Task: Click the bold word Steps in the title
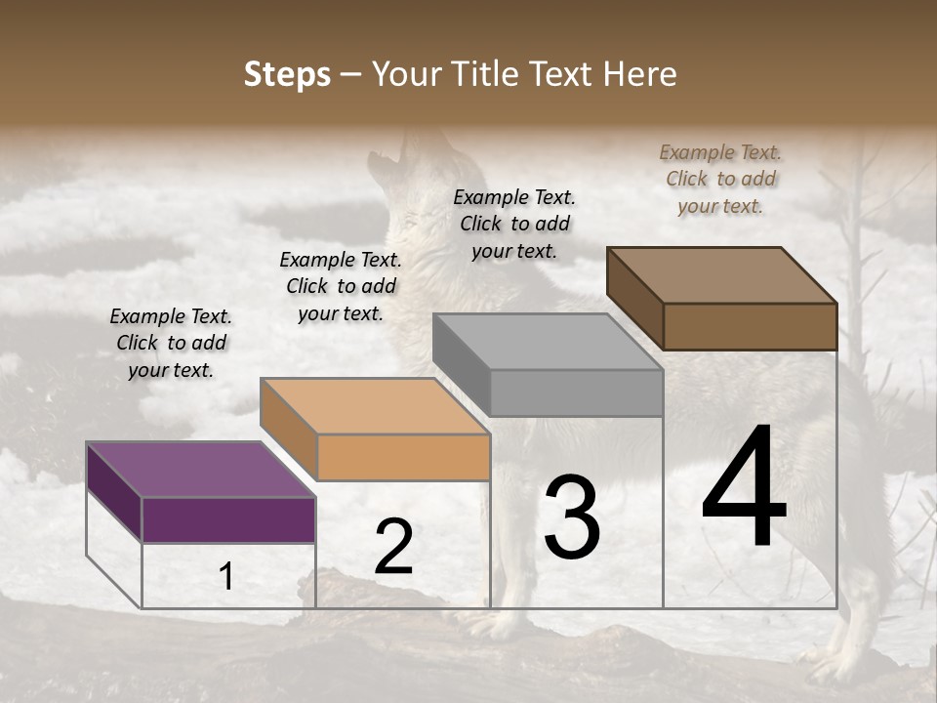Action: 287,75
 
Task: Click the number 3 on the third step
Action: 572,517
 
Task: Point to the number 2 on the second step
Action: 393,547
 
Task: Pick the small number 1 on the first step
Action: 226,577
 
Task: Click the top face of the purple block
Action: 200,470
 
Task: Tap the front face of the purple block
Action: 228,519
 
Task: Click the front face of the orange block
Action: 403,457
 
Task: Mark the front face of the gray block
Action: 576,393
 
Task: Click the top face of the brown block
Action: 721,274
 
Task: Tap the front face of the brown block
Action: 750,326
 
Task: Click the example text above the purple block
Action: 171,343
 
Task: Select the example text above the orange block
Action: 341,286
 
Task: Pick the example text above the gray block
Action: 514,224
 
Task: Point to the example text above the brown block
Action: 720,179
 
